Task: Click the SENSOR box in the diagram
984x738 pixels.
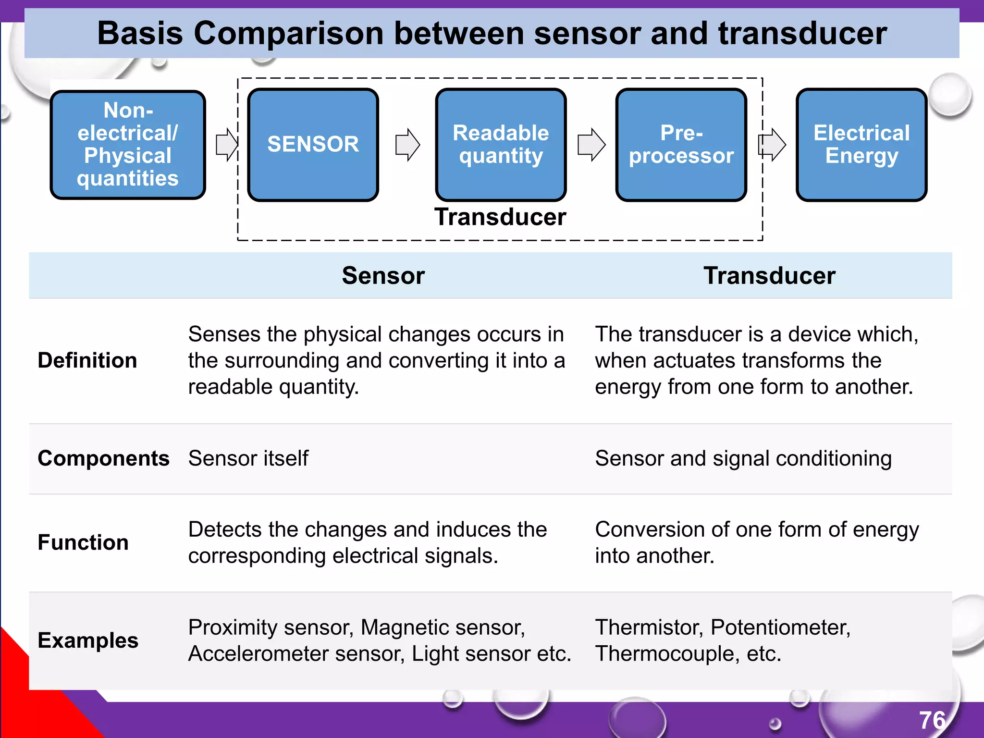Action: pos(313,144)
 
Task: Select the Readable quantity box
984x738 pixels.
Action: pos(501,144)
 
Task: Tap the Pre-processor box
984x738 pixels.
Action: pos(681,144)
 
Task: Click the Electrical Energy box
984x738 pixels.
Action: pos(861,144)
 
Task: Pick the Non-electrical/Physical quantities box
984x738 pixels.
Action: pos(128,144)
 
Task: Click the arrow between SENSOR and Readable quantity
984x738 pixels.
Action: pos(407,145)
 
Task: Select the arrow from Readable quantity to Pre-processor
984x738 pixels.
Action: pos(591,145)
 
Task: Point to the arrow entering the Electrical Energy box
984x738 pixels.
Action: pos(772,145)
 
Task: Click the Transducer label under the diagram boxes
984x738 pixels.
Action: pos(500,217)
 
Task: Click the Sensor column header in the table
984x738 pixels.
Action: pos(383,276)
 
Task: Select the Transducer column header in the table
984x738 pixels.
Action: pos(769,276)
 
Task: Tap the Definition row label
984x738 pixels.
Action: pos(87,360)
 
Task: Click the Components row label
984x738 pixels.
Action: pos(103,458)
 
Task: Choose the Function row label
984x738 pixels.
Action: pos(83,542)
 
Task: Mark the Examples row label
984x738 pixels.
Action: pos(88,640)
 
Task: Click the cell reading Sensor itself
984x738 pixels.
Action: pos(248,458)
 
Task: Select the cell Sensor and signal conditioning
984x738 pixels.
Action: pos(743,458)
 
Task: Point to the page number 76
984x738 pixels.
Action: pos(932,720)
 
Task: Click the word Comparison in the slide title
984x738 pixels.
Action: pos(289,34)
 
